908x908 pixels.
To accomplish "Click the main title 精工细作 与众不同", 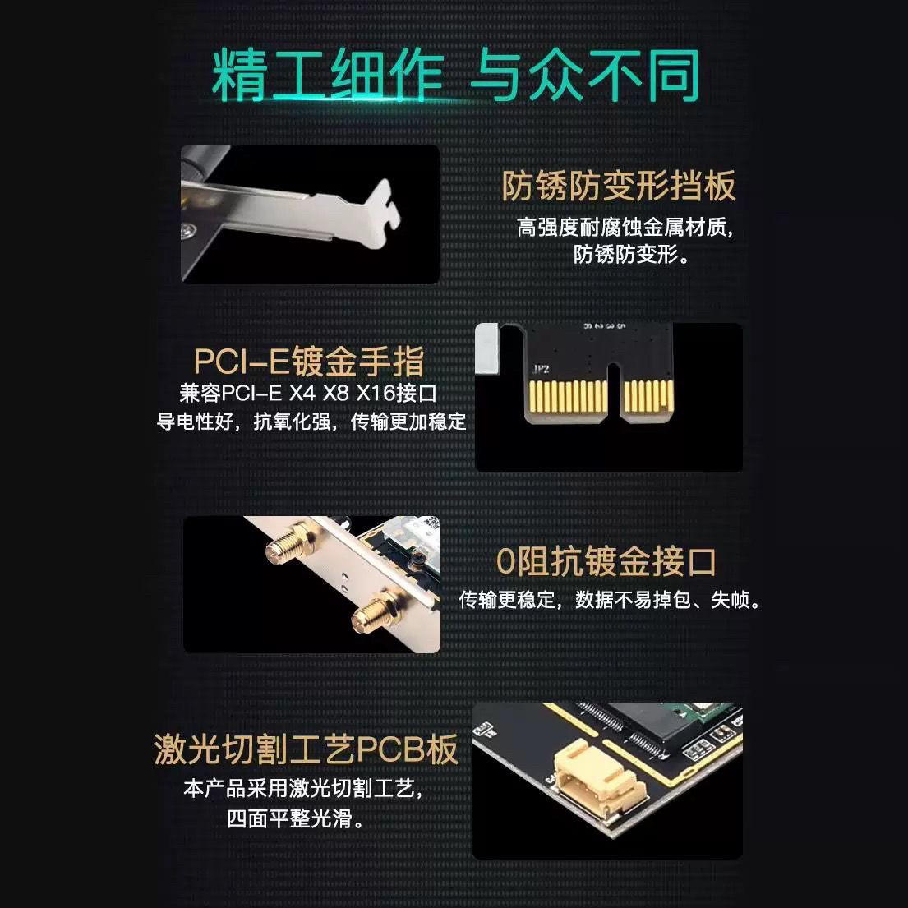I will (454, 76).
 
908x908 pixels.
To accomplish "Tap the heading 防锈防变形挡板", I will (618, 187).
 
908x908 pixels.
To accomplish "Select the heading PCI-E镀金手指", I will (309, 361).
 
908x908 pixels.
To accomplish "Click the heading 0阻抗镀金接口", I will (606, 561).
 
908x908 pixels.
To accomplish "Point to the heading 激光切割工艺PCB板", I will (306, 749).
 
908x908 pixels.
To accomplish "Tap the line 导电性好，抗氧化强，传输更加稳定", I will (311, 422).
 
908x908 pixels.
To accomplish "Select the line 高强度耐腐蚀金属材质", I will (625, 227).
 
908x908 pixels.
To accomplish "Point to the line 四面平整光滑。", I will (296, 818).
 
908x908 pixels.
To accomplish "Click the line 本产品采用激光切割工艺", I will (304, 789).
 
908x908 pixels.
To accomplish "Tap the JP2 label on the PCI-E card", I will (542, 370).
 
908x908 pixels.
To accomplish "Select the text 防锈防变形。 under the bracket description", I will (631, 254).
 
